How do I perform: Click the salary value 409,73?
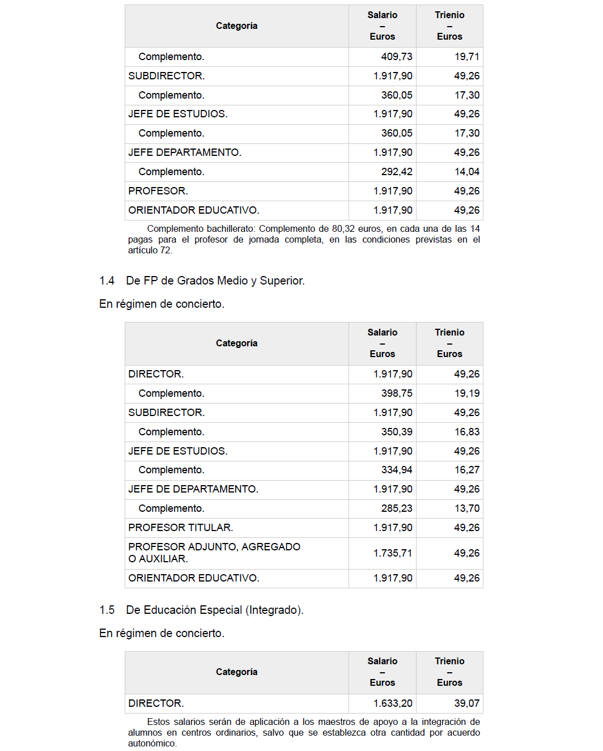(397, 57)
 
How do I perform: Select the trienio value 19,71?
(467, 57)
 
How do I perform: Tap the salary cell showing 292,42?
(397, 172)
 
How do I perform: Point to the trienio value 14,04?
(467, 172)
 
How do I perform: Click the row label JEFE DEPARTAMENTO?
(185, 152)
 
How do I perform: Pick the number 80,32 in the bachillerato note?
(345, 229)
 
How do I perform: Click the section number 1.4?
(107, 281)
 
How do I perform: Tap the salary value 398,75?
(397, 393)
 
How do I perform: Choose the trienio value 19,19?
(467, 393)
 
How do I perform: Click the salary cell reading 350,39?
(397, 432)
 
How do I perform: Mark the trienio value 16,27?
(467, 470)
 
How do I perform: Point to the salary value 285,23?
(397, 508)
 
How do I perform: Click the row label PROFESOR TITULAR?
(180, 528)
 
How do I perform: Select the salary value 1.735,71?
(393, 553)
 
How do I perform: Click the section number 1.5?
(107, 610)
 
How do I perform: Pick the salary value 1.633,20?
(393, 703)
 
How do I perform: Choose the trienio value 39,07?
(467, 703)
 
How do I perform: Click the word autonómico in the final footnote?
(152, 743)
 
